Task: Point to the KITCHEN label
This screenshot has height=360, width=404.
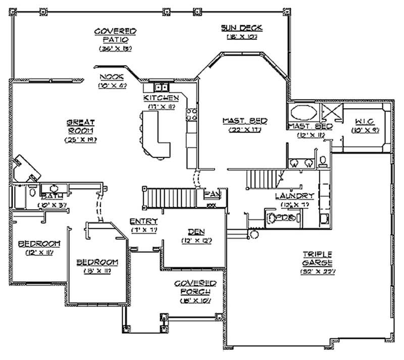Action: point(161,97)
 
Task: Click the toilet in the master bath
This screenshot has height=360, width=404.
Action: point(324,161)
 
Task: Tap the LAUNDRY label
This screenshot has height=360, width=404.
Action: point(294,196)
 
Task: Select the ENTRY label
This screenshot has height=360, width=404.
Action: point(143,221)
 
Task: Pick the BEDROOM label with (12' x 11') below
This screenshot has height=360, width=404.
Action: point(39,244)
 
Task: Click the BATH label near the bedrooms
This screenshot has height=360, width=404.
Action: point(51,196)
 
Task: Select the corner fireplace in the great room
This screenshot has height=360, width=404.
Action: point(26,168)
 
